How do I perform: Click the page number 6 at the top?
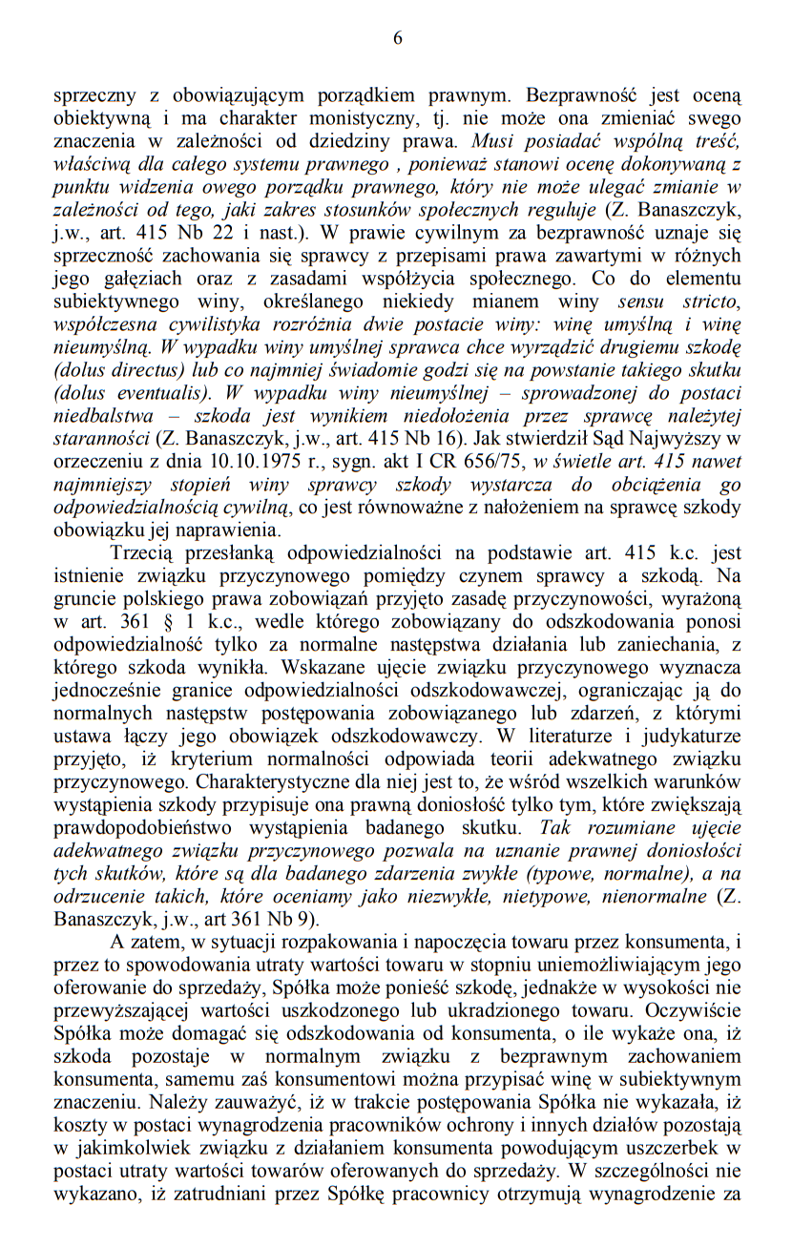coord(397,38)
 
